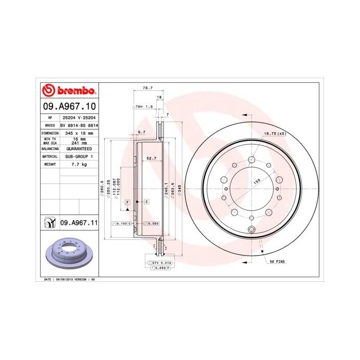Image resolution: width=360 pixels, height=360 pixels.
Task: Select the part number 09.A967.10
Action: [69, 106]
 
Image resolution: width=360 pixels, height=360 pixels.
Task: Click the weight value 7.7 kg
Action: [79, 164]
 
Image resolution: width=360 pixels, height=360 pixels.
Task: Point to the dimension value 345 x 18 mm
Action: [79, 133]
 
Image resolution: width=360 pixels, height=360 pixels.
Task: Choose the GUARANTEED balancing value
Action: [79, 148]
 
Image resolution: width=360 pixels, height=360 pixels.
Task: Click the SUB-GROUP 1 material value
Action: [79, 156]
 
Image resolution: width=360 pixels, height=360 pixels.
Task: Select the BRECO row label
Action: [50, 125]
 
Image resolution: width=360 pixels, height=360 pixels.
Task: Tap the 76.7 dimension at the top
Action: [147, 88]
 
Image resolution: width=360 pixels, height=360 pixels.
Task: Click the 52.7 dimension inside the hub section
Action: [151, 158]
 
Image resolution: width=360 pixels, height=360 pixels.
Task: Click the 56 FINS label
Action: [278, 261]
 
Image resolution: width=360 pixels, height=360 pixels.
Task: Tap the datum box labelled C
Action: [147, 201]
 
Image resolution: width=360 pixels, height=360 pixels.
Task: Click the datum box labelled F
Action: [127, 201]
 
